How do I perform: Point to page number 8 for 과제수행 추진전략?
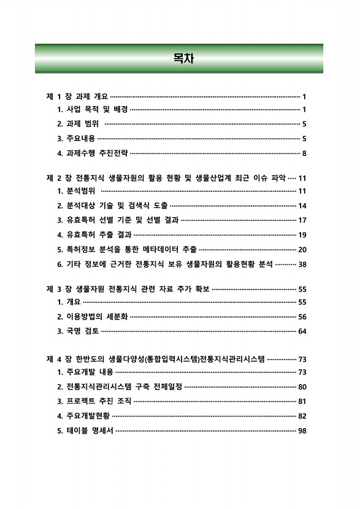click(x=304, y=153)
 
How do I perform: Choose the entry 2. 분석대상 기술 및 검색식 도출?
click(x=112, y=205)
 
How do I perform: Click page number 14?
click(x=302, y=205)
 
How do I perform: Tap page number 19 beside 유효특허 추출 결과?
click(x=302, y=234)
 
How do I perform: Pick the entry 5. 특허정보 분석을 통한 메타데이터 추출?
click(x=127, y=249)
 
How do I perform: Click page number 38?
click(x=302, y=264)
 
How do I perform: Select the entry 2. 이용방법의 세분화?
click(x=92, y=317)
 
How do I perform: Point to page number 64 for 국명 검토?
click(x=302, y=332)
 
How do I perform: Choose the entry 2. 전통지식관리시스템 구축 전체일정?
click(x=120, y=387)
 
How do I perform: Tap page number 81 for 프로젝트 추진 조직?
click(x=302, y=402)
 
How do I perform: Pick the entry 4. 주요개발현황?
click(x=84, y=416)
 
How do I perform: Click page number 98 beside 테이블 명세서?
click(x=302, y=431)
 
